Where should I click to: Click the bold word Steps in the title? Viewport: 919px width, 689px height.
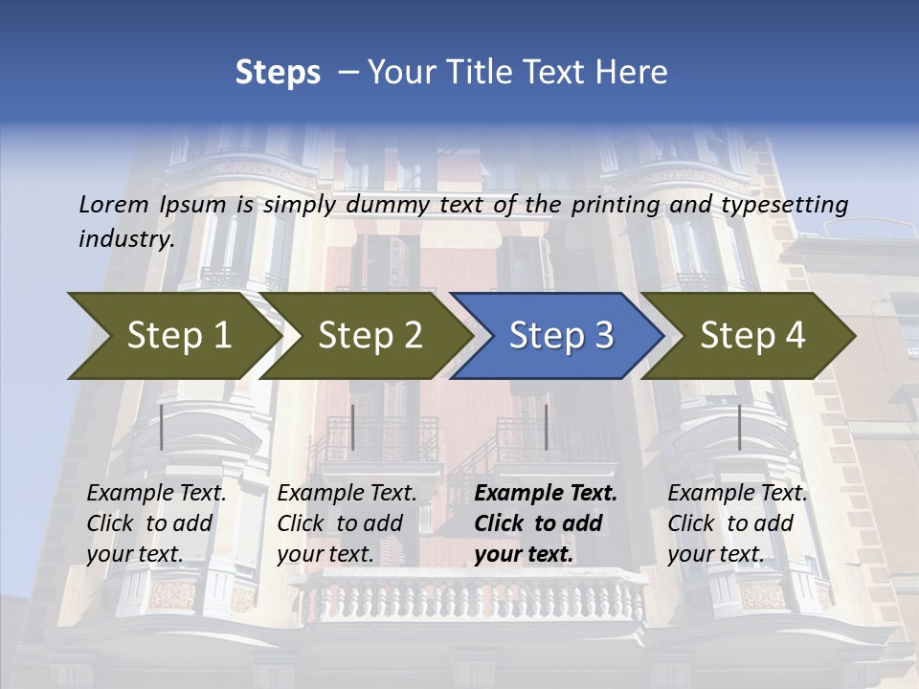pos(278,73)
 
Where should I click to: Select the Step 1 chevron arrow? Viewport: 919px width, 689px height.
pos(172,336)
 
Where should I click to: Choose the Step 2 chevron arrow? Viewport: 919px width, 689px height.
pos(364,336)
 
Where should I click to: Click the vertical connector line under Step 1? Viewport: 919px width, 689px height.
pos(162,427)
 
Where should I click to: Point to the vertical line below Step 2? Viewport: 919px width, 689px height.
pos(353,427)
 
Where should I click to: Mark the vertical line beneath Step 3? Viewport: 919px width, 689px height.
pos(546,427)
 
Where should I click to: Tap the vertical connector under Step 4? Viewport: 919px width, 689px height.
pos(739,427)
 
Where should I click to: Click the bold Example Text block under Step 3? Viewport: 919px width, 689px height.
pos(546,523)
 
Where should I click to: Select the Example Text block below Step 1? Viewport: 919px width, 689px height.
pos(156,523)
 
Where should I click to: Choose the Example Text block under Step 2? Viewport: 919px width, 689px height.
pos(347,523)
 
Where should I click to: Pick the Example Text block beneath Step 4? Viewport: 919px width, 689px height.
pos(737,523)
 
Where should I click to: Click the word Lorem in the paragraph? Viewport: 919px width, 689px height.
pos(113,205)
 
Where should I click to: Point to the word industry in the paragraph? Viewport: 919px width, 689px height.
pos(126,239)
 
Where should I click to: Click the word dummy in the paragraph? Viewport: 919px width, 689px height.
pos(389,205)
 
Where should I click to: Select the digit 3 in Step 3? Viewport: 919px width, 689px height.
pos(602,336)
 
